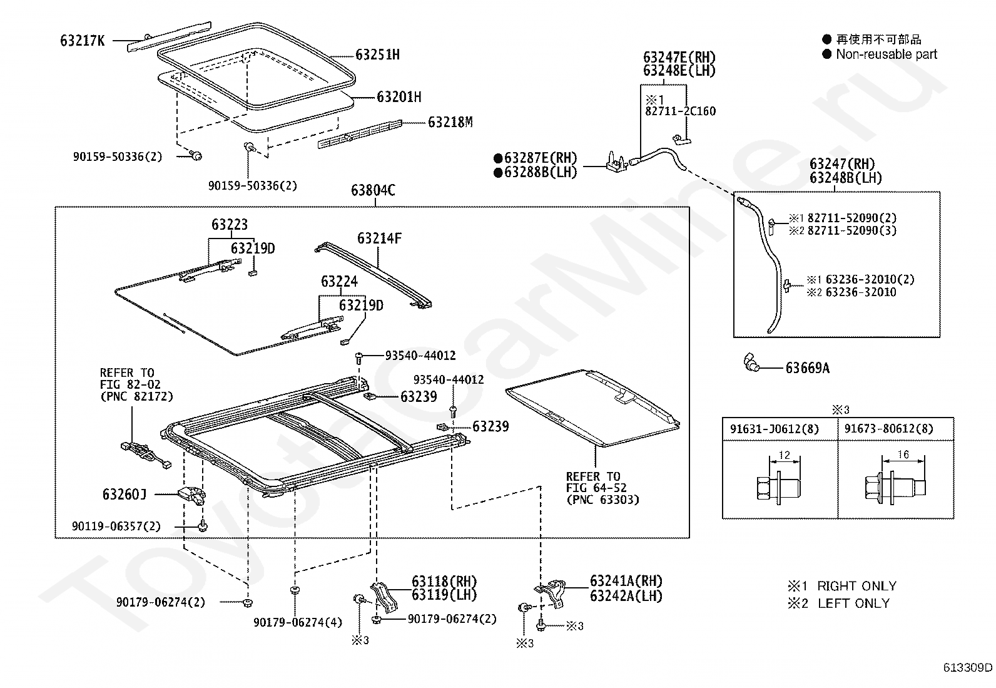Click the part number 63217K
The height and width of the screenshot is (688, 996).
[82, 41]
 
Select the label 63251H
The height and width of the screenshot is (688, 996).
[377, 54]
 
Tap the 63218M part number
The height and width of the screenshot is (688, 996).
[450, 122]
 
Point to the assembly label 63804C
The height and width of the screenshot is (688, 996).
[373, 190]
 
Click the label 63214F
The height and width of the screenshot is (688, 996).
[379, 239]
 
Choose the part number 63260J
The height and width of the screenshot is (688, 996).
[124, 494]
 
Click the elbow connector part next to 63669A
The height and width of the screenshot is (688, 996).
[751, 362]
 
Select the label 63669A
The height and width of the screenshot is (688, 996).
[808, 368]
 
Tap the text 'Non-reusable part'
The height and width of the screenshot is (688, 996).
[886, 54]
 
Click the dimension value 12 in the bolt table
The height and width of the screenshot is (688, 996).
[785, 455]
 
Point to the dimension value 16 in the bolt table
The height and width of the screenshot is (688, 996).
[903, 454]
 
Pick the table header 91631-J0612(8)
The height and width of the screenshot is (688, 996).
[774, 429]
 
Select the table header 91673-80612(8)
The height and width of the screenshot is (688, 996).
[888, 429]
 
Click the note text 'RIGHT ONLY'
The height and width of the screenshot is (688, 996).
[857, 586]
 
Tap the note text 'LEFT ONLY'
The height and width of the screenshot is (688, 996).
[854, 603]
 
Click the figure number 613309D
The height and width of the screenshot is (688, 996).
[968, 667]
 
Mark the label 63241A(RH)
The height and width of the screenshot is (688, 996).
[626, 581]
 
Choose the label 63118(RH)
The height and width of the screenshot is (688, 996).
[444, 581]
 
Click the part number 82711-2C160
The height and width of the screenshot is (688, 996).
[680, 111]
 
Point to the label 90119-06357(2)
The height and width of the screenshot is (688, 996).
[116, 526]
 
